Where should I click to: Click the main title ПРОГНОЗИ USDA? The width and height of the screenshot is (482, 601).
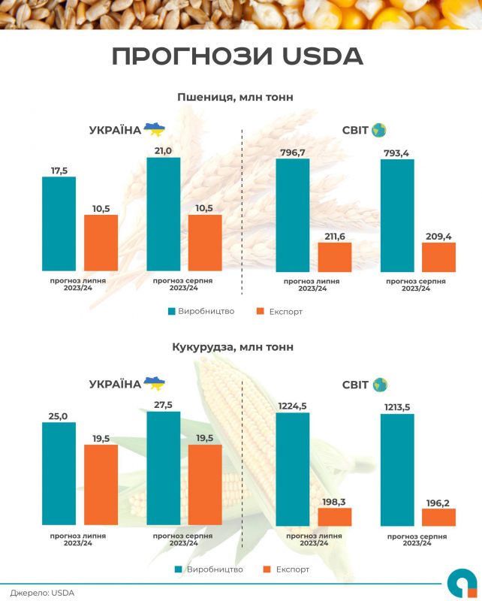click(236, 56)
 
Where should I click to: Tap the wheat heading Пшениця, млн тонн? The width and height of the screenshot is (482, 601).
click(235, 97)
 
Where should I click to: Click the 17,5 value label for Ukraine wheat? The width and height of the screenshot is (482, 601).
click(59, 171)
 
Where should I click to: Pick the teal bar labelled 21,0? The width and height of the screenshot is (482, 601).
click(164, 214)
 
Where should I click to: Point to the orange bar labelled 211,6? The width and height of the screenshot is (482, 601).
click(335, 257)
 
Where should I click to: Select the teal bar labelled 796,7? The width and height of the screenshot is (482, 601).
click(293, 216)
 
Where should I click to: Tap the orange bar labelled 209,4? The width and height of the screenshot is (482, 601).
click(438, 257)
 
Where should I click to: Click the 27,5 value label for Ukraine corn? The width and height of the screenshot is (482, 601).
click(164, 404)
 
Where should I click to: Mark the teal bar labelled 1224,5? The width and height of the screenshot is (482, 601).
click(293, 469)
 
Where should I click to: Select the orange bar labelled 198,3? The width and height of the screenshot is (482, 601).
click(335, 517)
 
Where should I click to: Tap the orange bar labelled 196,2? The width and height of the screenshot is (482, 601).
click(438, 518)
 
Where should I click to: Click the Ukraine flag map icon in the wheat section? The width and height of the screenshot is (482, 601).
click(154, 129)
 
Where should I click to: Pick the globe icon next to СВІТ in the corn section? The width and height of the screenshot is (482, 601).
click(379, 385)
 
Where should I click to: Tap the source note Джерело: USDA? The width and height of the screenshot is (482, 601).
click(42, 593)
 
